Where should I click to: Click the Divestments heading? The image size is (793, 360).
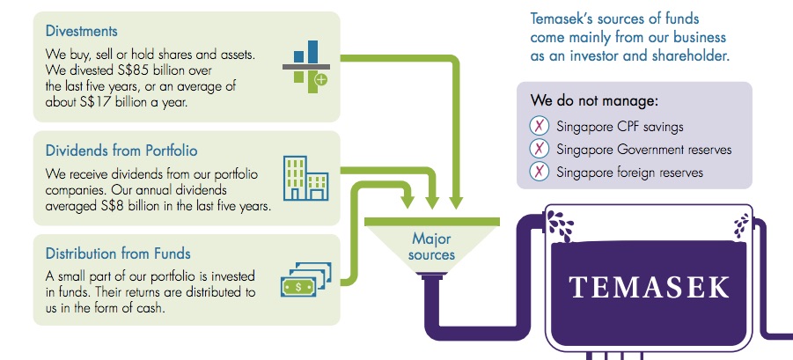(x=82, y=32)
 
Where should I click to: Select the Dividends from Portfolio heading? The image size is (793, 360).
(x=121, y=151)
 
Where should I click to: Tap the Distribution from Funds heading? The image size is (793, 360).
(x=118, y=253)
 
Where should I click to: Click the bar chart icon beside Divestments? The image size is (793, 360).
(x=306, y=67)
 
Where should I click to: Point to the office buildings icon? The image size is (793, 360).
(x=306, y=178)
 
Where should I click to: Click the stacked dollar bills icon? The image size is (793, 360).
(x=305, y=279)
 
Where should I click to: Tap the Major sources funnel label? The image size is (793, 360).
(x=431, y=246)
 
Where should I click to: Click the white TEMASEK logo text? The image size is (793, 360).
(x=650, y=287)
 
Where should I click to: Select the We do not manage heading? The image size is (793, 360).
(x=594, y=100)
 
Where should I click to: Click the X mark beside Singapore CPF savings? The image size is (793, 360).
(x=540, y=125)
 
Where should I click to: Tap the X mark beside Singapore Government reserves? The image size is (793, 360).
(x=540, y=149)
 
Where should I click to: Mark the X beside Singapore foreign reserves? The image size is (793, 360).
(x=540, y=172)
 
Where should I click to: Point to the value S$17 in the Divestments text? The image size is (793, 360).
(x=95, y=101)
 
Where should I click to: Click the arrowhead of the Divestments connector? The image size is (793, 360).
(x=456, y=202)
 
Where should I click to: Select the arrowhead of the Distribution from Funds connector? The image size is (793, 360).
(x=408, y=202)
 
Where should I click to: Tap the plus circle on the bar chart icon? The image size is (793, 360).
(x=321, y=79)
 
